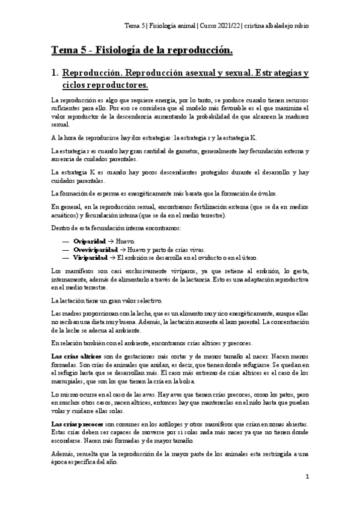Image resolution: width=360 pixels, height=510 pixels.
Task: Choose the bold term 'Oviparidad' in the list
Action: pos(83,241)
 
